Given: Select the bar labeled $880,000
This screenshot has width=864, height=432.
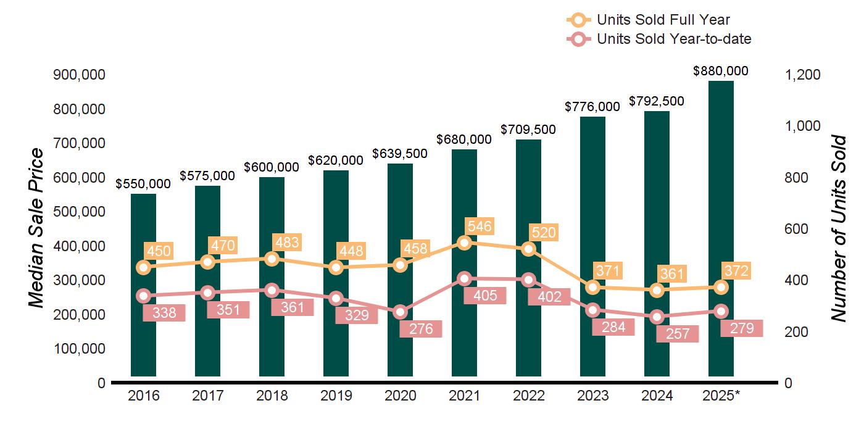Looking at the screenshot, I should [x=721, y=228].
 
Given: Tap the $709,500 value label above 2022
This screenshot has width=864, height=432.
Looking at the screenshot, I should [x=528, y=130].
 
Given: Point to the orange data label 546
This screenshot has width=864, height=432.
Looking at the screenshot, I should [x=480, y=226].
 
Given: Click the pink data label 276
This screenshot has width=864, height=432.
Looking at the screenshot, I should [x=420, y=329].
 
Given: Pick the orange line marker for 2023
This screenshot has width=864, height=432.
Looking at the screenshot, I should [x=593, y=288].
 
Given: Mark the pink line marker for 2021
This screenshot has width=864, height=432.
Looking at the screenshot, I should [x=465, y=278].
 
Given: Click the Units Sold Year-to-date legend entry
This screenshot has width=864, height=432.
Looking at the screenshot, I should [x=673, y=39].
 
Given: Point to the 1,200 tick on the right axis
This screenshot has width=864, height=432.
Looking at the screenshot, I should [x=802, y=75].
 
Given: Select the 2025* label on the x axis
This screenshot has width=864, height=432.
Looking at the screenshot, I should [x=720, y=396].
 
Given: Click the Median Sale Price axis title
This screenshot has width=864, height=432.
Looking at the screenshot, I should [x=37, y=228].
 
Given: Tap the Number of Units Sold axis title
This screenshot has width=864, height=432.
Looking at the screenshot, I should [x=838, y=228].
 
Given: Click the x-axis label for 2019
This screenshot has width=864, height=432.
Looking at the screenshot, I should [x=336, y=396].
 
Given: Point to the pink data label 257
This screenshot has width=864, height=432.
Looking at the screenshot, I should [x=677, y=334].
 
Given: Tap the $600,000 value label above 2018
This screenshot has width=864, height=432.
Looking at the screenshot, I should [x=272, y=167].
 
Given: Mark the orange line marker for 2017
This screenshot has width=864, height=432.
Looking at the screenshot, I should [x=208, y=262].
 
